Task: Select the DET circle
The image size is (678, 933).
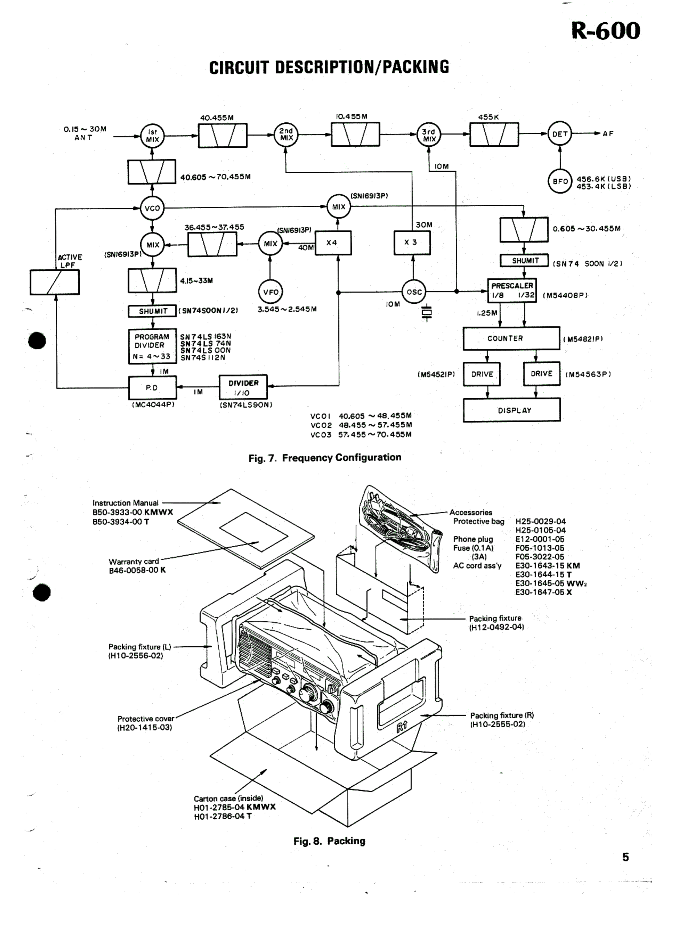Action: [559, 134]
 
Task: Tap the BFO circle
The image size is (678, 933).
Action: [560, 181]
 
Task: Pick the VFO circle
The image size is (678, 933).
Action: [271, 292]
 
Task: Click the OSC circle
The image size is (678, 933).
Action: [414, 292]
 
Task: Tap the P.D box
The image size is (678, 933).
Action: [152, 387]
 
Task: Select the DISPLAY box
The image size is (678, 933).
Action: [511, 410]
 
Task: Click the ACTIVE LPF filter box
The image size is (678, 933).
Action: [55, 282]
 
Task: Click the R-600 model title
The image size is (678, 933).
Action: [605, 31]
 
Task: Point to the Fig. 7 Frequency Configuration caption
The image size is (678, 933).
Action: [325, 457]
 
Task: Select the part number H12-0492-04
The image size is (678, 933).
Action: [496, 627]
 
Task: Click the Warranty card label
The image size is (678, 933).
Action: [134, 562]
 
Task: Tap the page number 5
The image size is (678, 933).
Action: [625, 857]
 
